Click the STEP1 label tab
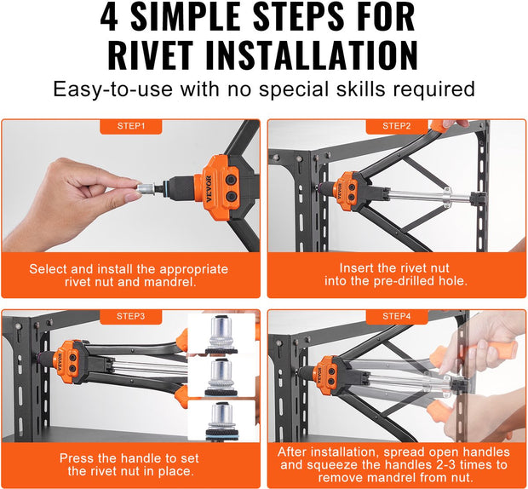coord(131,126)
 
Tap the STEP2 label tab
coord(397,126)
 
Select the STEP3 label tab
coord(131,317)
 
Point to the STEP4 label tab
coord(397,317)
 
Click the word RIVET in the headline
coord(151,55)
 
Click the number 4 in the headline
coord(109,17)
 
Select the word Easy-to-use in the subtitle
coord(113,89)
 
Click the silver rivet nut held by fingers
coord(146,187)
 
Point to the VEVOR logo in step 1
coord(209,189)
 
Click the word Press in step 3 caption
coord(76,458)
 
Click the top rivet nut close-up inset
coord(221,333)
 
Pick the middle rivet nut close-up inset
coord(221,377)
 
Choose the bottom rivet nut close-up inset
coord(221,420)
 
